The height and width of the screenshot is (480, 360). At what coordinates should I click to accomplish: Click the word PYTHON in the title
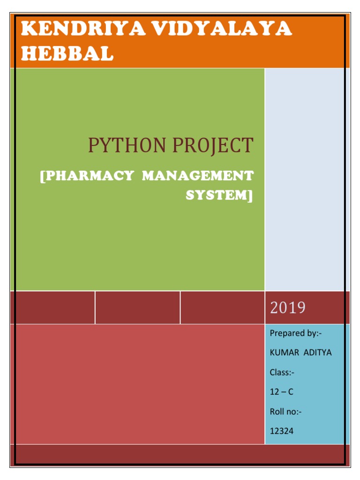pos(127,146)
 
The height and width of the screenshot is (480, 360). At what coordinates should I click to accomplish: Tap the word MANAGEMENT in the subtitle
pos(198,176)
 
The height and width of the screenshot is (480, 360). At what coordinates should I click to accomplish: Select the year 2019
pos(288,307)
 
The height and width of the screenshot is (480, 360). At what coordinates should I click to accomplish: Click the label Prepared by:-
pos(296,333)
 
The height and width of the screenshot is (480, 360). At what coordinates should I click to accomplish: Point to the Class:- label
pos(282,373)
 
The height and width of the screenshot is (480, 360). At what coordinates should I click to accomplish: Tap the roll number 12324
pos(282,431)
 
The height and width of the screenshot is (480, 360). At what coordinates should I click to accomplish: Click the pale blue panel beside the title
pos(307,178)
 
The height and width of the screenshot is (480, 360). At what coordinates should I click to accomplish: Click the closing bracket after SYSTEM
pos(250,195)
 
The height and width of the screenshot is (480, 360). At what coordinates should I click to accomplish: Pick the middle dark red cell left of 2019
pos(137,307)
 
